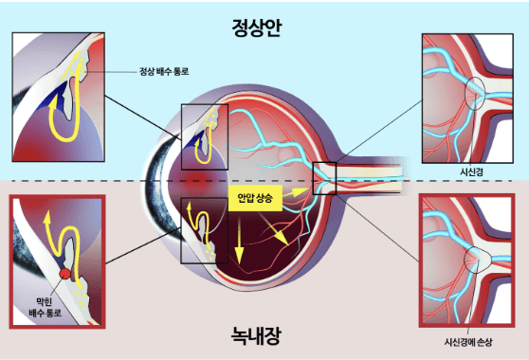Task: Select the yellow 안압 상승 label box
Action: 255,199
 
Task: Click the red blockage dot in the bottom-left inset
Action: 64,275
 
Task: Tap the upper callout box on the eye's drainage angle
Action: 205,136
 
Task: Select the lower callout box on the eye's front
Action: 204,229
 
